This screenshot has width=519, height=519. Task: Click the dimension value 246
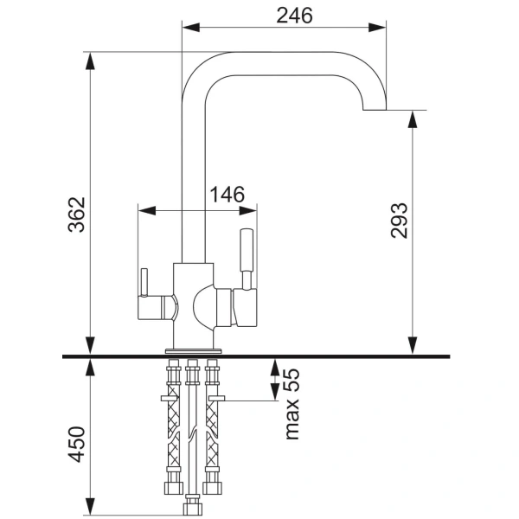coord(293,15)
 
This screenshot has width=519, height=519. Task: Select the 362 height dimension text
coord(77,215)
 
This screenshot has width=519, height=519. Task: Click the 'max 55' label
coord(292,402)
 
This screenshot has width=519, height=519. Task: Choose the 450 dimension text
coord(77,443)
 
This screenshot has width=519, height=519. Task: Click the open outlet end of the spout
coord(374,110)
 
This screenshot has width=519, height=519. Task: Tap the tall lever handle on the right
coord(247,252)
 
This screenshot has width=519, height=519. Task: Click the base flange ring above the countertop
coord(194,349)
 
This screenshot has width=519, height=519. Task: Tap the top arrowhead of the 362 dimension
coord(90,59)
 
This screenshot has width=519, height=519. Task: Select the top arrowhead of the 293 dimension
coord(413,116)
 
